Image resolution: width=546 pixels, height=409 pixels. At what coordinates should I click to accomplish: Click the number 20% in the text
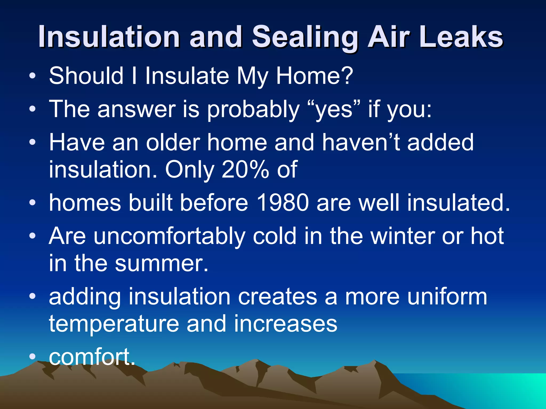[x=245, y=170]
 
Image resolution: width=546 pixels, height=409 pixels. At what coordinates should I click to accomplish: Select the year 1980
[x=283, y=203]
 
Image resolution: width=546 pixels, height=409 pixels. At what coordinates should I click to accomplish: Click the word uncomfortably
[x=170, y=237]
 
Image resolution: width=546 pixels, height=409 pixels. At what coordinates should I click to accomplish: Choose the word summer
[x=162, y=264]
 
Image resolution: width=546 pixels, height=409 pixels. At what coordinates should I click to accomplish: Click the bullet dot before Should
[x=32, y=76]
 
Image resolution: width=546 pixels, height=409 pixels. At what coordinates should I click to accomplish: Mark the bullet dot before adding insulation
[x=32, y=297]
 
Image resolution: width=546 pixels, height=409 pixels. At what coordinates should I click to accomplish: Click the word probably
[x=253, y=110]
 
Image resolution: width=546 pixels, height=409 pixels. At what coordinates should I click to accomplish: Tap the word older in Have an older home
[x=173, y=143]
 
